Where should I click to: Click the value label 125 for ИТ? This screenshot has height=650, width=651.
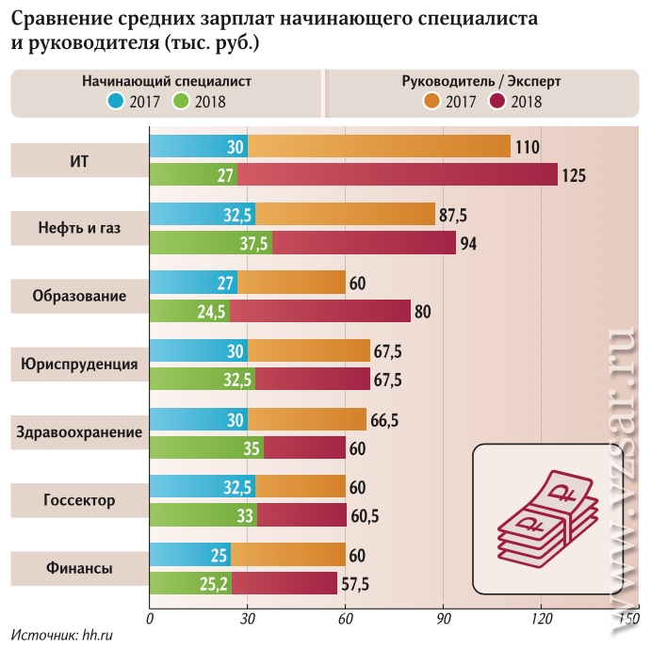click(574, 175)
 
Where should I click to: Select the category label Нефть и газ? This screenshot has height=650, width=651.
click(79, 228)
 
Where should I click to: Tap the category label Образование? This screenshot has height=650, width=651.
click(79, 296)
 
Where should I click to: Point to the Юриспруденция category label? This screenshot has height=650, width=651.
click(79, 364)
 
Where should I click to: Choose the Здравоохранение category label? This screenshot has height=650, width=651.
click(79, 432)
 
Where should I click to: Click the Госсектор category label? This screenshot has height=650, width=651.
click(79, 500)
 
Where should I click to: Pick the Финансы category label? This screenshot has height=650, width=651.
click(79, 569)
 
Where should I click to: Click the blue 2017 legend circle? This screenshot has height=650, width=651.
click(115, 101)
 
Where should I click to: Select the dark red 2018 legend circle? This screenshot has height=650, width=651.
click(497, 101)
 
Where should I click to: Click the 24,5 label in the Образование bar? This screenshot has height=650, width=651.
click(215, 312)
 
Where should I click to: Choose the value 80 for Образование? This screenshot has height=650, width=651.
click(422, 312)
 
